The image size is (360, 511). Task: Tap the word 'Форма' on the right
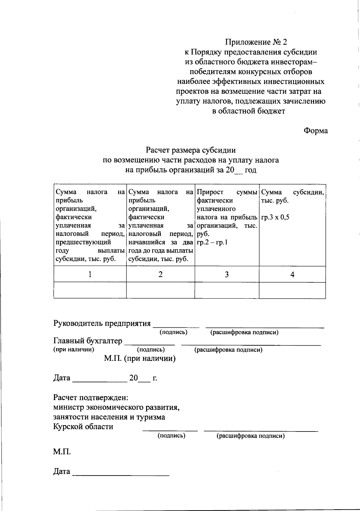click(316, 131)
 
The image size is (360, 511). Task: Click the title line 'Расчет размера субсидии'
click(191, 150)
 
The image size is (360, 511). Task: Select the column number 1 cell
click(90, 274)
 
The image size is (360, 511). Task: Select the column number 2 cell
click(160, 274)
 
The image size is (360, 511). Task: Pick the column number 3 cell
click(227, 274)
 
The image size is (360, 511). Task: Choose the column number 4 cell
click(292, 274)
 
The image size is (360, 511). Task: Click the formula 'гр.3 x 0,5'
click(275, 218)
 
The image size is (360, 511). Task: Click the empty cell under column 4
click(292, 290)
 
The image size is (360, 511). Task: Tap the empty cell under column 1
click(90, 290)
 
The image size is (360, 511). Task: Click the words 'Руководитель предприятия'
click(102, 323)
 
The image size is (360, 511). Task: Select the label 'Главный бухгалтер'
click(88, 341)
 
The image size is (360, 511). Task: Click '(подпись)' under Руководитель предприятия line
click(173, 332)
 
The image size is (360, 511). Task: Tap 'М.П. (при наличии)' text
click(140, 358)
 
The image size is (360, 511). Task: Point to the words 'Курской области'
click(83, 427)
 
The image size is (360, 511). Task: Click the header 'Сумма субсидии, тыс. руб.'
click(292, 196)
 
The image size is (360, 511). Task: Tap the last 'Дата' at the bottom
click(62, 471)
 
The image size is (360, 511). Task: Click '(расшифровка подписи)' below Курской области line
click(250, 436)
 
